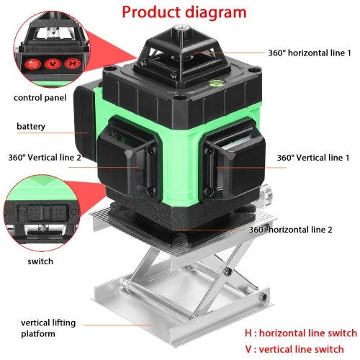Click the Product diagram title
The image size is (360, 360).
(x=184, y=12)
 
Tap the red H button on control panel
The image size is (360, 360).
(x=72, y=63)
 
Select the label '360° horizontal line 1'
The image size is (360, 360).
(x=310, y=53)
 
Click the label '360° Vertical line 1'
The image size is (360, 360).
(x=313, y=158)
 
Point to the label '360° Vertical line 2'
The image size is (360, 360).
(x=45, y=158)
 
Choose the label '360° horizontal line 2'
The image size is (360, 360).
(x=290, y=230)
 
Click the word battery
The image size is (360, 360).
(x=31, y=127)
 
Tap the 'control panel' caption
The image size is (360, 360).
(x=40, y=98)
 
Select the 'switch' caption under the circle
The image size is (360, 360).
(x=40, y=261)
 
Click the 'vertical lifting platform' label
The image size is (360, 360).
(x=48, y=328)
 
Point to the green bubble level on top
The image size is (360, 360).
(x=213, y=84)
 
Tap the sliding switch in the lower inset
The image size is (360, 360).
(x=46, y=213)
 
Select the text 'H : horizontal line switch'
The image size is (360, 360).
(x=301, y=333)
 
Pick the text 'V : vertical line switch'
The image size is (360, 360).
(x=294, y=349)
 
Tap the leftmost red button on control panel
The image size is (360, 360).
(x=32, y=64)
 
